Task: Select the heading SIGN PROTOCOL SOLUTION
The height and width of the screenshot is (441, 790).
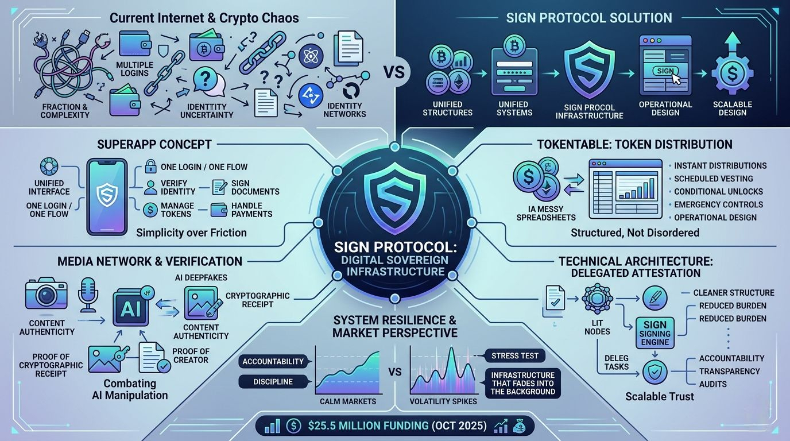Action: pyautogui.click(x=589, y=18)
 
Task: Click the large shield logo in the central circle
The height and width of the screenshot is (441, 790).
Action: pyautogui.click(x=394, y=195)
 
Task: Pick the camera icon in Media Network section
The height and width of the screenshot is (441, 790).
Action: pyautogui.click(x=42, y=295)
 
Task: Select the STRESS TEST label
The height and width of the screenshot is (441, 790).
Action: pyautogui.click(x=515, y=355)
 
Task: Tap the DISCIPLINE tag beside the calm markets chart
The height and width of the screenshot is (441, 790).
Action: pyautogui.click(x=273, y=381)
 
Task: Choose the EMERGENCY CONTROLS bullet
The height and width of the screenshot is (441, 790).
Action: pyautogui.click(x=718, y=204)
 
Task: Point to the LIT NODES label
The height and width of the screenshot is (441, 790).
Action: pyautogui.click(x=598, y=327)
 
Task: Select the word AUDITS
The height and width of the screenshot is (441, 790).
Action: pyautogui.click(x=712, y=384)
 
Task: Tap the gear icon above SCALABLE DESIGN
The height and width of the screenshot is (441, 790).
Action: pyautogui.click(x=732, y=75)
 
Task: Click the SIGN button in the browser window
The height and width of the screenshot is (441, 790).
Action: pyautogui.click(x=664, y=71)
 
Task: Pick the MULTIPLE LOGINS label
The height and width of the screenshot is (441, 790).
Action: pyautogui.click(x=135, y=68)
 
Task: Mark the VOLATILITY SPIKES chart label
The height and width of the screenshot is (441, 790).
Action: pyautogui.click(x=443, y=401)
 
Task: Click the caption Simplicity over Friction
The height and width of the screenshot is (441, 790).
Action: pyautogui.click(x=191, y=232)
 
